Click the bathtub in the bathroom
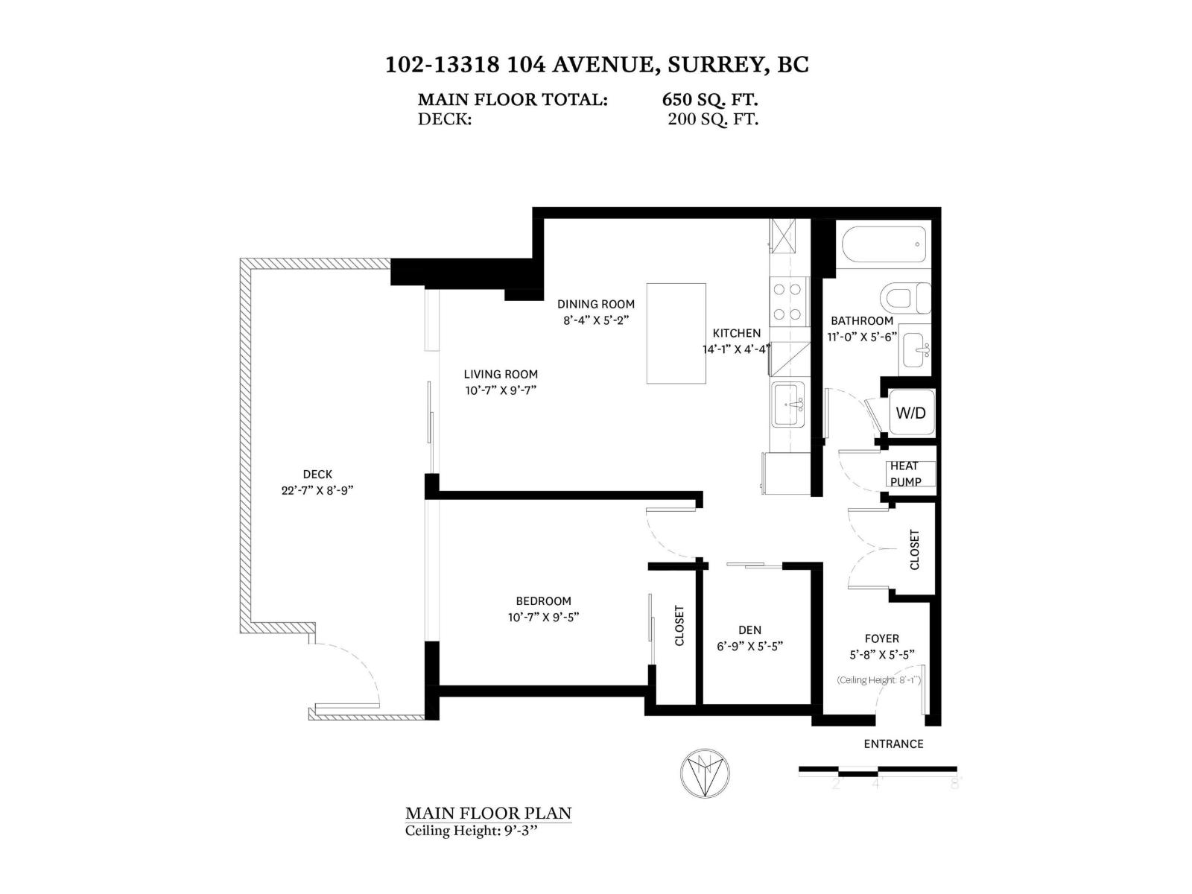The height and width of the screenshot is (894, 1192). click(x=883, y=244)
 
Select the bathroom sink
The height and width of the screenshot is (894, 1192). click(x=913, y=347)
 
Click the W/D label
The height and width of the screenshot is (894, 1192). click(x=910, y=412)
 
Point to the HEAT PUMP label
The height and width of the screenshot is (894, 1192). click(x=904, y=474)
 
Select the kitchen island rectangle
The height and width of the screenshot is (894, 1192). click(x=676, y=333)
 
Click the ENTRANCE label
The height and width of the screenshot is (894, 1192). click(x=893, y=744)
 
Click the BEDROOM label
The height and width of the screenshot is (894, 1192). click(x=543, y=600)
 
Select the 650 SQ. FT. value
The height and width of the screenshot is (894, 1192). click(x=709, y=100)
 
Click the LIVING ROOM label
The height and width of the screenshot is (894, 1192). click(x=500, y=374)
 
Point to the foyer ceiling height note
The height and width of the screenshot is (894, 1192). click(x=878, y=679)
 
